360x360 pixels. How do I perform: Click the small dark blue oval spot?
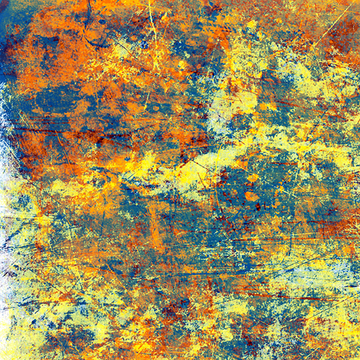(102, 22)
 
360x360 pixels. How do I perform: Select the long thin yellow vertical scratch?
(153, 29)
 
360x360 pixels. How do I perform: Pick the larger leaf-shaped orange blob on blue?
(251, 195)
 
